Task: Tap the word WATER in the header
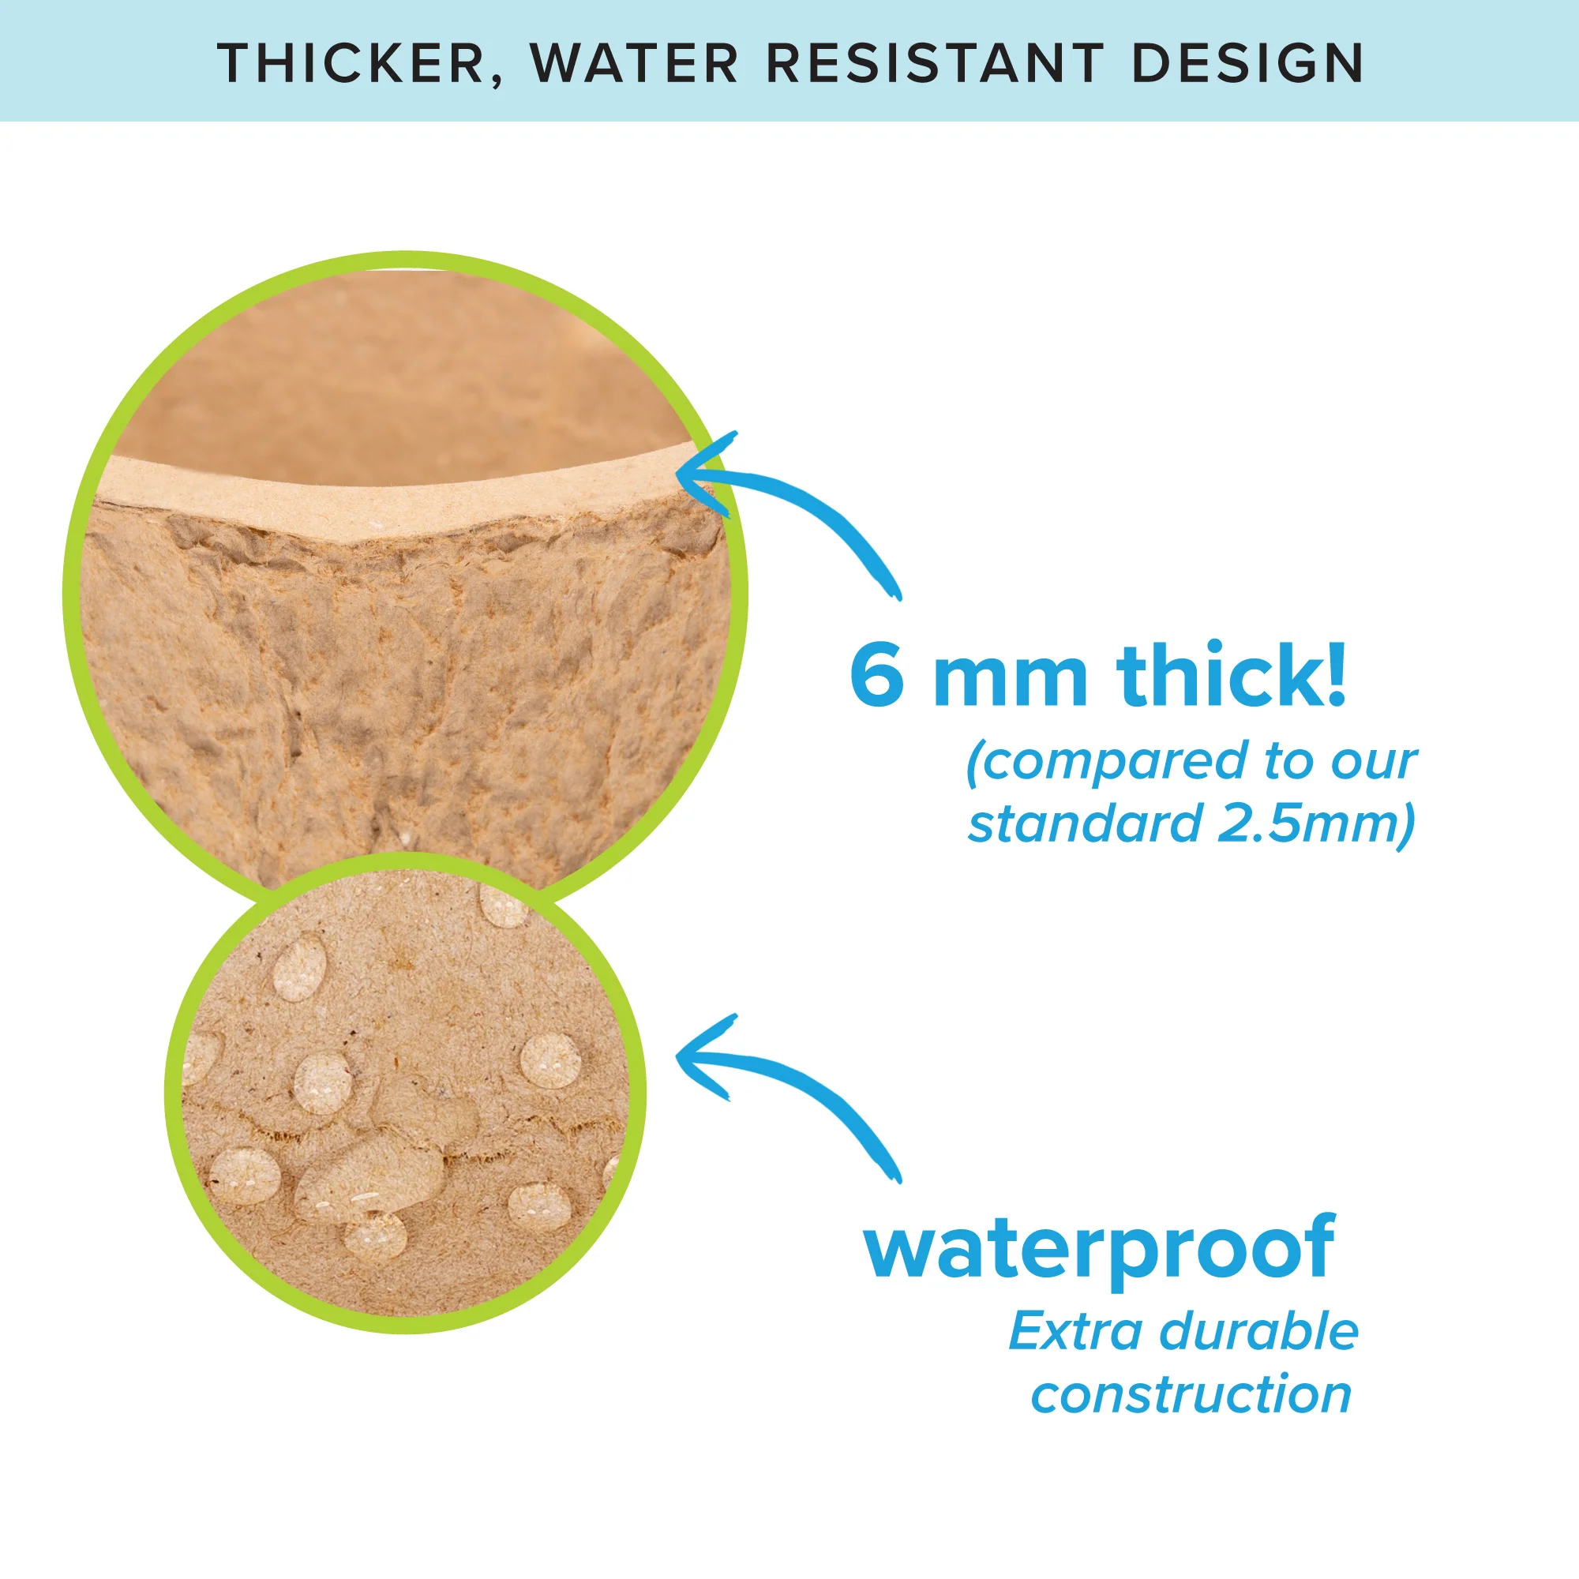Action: tap(634, 63)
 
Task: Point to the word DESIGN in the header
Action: tap(1247, 63)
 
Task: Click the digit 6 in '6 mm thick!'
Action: tap(877, 676)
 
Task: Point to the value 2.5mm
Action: tap(1315, 823)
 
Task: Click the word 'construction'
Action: tap(1191, 1394)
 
